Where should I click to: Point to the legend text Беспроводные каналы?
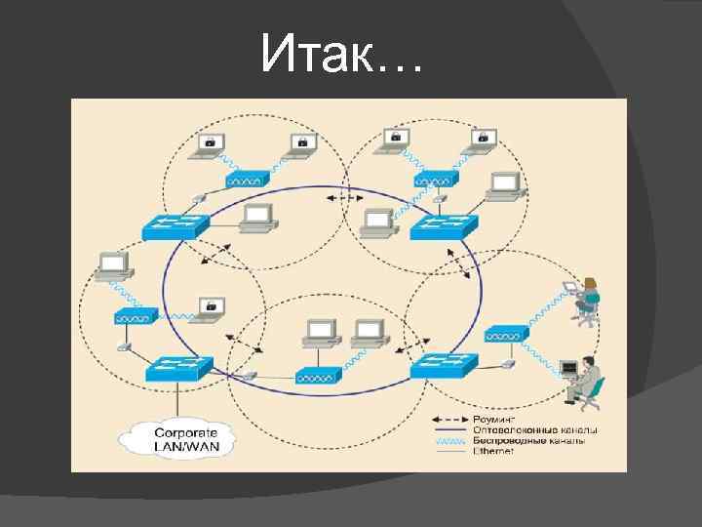527,440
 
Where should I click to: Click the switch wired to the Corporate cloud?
179,368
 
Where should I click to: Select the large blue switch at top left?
175,227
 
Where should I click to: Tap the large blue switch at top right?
444,227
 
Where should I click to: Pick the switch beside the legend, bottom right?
444,367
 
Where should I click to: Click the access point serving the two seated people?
507,334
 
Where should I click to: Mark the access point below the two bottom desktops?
320,375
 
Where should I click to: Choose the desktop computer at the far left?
113,264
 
